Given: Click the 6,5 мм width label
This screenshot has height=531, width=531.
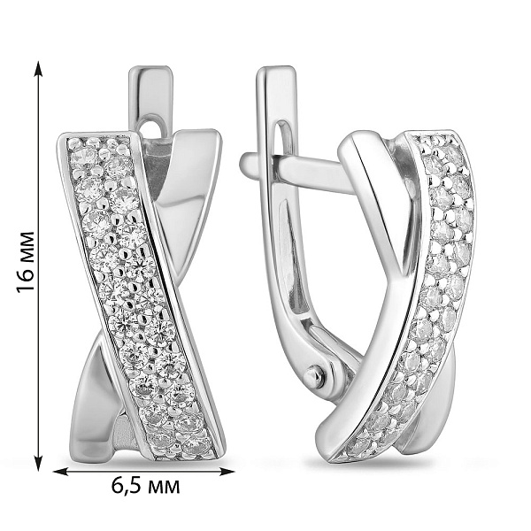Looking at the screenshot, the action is tap(146, 487).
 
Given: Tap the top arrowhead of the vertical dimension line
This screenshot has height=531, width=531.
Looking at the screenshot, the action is tap(39, 68).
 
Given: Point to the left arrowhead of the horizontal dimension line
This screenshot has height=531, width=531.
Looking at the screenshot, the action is tap(61, 471).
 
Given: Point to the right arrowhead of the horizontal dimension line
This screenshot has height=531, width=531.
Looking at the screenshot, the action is tap(227, 471).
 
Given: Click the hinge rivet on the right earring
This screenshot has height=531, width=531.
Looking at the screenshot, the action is tap(315, 375).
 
